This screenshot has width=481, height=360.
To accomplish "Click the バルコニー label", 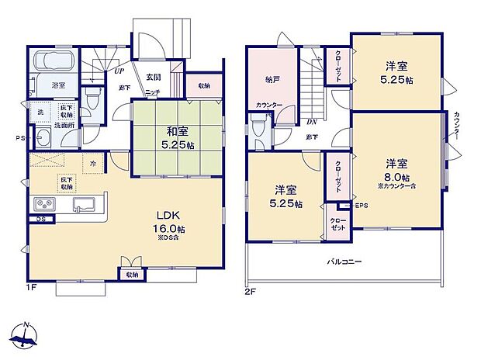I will (341, 261).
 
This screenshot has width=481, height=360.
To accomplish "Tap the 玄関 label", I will (153, 77).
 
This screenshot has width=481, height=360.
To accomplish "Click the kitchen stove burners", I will (44, 204).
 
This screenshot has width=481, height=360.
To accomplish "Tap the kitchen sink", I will (83, 204).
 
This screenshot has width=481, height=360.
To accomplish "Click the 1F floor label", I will (32, 286).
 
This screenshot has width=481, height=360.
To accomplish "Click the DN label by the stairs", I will (311, 122).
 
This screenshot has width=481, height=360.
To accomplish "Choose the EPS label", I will (361, 206).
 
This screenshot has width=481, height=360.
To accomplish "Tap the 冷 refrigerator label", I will (92, 164).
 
